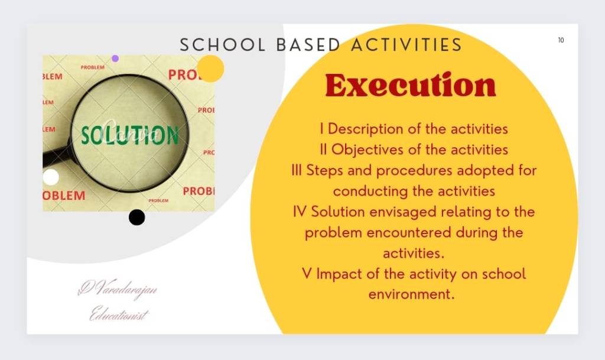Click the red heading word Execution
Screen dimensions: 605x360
click(411, 85)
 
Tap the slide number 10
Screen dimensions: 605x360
click(561, 40)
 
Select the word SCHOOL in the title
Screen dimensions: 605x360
click(223, 45)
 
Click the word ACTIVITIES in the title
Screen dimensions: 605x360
click(406, 45)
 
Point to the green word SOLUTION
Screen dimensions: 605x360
click(130, 135)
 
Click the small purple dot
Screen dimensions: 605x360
click(115, 59)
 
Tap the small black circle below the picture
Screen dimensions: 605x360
click(136, 217)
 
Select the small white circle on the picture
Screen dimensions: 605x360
click(51, 177)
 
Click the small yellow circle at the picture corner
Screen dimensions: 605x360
click(210, 69)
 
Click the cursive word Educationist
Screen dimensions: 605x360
click(119, 313)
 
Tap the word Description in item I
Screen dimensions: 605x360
click(365, 129)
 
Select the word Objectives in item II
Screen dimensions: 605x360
click(367, 150)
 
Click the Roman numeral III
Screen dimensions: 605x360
click(297, 170)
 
